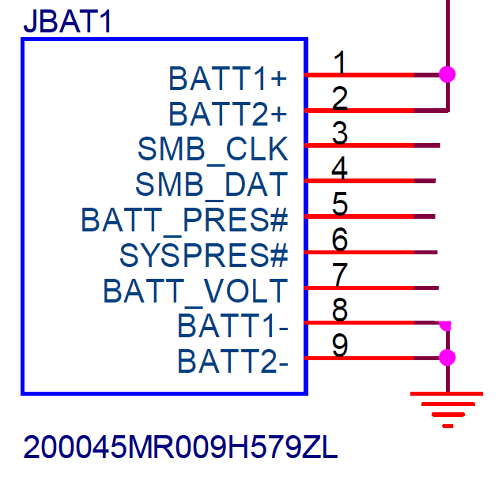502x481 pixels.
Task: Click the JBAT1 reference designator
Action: tap(67, 21)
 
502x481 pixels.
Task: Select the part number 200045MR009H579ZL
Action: tap(180, 447)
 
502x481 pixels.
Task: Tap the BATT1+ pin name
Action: tap(228, 78)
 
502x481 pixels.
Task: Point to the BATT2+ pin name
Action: tap(228, 114)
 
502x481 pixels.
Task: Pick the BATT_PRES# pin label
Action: tap(185, 221)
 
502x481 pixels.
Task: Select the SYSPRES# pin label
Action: tap(204, 255)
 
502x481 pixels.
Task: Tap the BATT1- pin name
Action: tap(232, 326)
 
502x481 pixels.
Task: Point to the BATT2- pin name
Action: tap(232, 362)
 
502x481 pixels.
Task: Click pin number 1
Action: tap(339, 62)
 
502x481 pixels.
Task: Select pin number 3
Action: tap(340, 133)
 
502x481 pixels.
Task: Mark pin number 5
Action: tap(340, 204)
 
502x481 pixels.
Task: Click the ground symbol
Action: tap(447, 409)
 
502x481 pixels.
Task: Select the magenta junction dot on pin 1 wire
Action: tap(447, 74)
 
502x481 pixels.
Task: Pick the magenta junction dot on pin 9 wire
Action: tap(447, 358)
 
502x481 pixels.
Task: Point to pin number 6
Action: tap(340, 239)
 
